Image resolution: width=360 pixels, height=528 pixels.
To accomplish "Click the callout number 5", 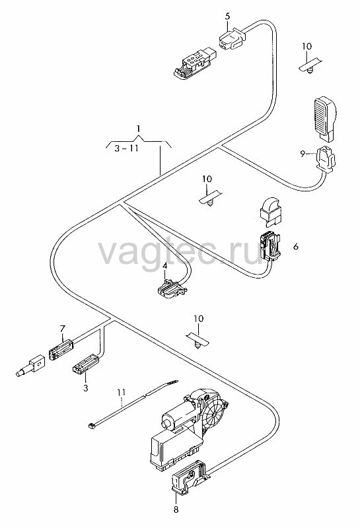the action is pyautogui.click(x=227, y=16).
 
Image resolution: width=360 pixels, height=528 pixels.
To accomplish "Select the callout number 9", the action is pyautogui.click(x=303, y=154).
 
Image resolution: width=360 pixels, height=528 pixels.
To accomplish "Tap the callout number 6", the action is pyautogui.click(x=296, y=246).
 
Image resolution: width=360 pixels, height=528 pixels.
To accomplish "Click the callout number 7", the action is pyautogui.click(x=62, y=328).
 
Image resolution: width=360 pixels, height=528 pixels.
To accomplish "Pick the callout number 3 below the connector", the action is pyautogui.click(x=86, y=388).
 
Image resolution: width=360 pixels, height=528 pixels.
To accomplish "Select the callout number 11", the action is pyautogui.click(x=122, y=392).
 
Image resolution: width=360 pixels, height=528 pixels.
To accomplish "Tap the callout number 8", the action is pyautogui.click(x=176, y=510).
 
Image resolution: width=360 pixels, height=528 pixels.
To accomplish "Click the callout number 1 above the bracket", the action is pyautogui.click(x=138, y=128).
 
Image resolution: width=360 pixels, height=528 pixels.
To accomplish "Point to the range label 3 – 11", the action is pyautogui.click(x=126, y=148).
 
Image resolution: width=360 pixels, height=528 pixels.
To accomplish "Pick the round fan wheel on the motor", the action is pyautogui.click(x=215, y=414).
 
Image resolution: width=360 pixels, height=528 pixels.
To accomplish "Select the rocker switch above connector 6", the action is pyautogui.click(x=271, y=212).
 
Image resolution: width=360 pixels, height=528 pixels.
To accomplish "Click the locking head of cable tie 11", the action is pyautogui.click(x=90, y=425).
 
